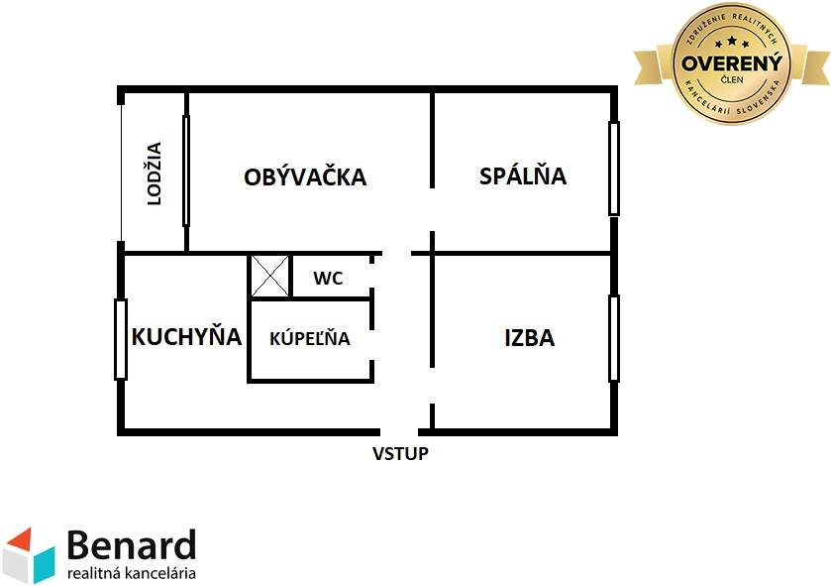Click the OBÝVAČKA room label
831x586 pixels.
coord(305,176)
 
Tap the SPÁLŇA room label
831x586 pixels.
coord(523,175)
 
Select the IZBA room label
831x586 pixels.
coord(530,338)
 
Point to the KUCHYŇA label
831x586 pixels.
coord(186,335)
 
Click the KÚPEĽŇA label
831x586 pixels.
coord(309,337)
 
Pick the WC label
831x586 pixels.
coord(328,278)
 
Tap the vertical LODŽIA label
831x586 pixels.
coord(154,174)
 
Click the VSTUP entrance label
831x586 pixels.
coord(400,454)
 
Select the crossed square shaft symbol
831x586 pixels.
coord(269,277)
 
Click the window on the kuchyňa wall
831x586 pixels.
coord(121,339)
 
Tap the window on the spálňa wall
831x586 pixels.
coord(614,169)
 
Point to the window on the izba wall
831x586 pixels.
coord(614,338)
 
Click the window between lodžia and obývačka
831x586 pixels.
coord(186,171)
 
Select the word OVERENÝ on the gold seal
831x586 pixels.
coord(731,63)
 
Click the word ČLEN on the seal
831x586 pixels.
coord(732,80)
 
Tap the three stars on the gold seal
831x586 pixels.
coord(732,42)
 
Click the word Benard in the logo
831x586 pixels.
coord(132,545)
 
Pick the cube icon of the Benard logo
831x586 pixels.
coord(28,555)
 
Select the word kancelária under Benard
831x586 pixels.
coord(161,573)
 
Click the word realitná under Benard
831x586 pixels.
coord(95,573)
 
